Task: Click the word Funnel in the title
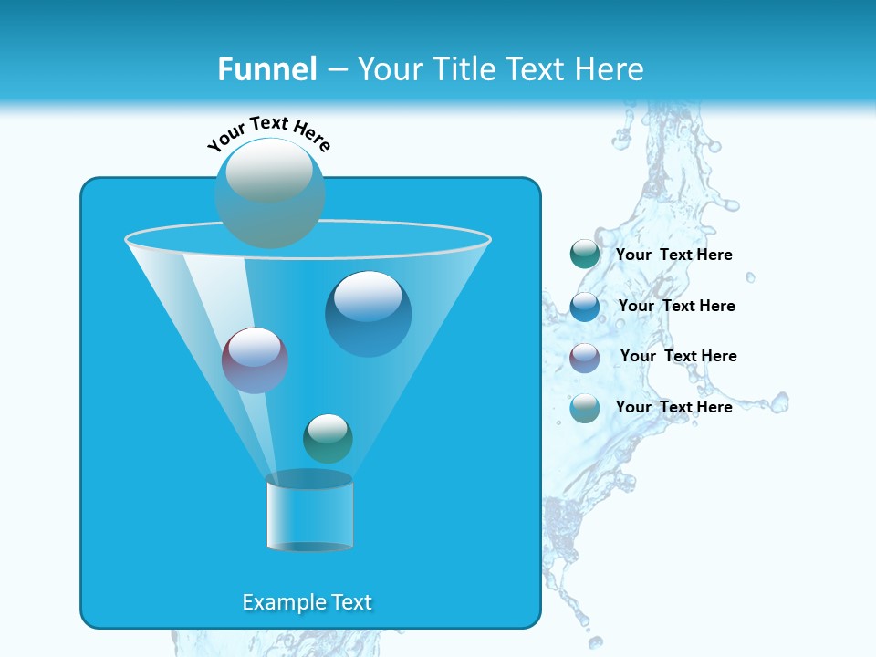[x=266, y=69]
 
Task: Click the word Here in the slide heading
[x=610, y=69]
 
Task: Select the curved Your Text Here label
[x=269, y=132]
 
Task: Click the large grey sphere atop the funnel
[x=269, y=192]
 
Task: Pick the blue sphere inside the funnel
[x=368, y=313]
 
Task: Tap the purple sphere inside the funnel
[x=255, y=360]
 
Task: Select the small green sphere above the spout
[x=328, y=438]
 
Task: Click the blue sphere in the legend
[x=585, y=307]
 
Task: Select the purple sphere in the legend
[x=585, y=358]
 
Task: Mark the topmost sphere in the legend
[x=585, y=255]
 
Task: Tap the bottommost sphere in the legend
[x=585, y=408]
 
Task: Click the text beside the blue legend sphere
[x=676, y=306]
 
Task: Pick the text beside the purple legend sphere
[x=678, y=356]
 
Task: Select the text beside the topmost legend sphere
[x=673, y=255]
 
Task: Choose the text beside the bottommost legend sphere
[x=673, y=407]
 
